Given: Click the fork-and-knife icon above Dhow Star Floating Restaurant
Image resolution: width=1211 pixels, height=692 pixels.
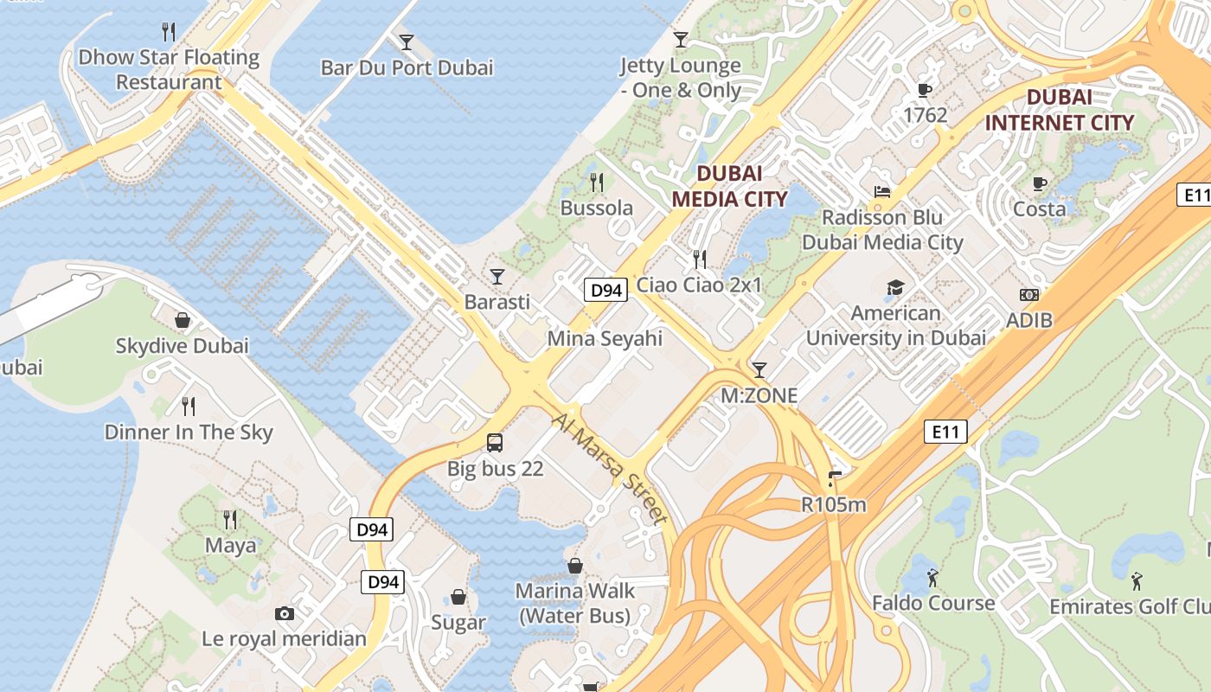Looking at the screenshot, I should click(x=169, y=32).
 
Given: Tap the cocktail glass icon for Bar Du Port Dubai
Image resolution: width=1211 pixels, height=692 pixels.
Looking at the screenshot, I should click(x=406, y=42).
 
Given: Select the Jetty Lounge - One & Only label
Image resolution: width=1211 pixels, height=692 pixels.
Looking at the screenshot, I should click(x=681, y=78).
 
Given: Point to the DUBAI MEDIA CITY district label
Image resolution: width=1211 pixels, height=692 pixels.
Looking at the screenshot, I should click(x=729, y=186).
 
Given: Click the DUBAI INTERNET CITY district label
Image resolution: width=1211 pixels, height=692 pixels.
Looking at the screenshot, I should click(x=1059, y=110).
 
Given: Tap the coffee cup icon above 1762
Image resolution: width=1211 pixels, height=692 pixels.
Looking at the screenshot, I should click(x=925, y=90).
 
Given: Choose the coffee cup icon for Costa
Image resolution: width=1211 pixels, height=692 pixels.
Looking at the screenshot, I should click(x=1040, y=183).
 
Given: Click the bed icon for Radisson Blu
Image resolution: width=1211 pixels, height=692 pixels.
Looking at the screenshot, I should click(x=882, y=191).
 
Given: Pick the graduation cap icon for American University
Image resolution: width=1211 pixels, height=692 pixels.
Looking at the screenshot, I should click(x=895, y=287).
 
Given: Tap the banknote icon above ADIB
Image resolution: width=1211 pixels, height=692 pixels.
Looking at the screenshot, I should click(x=1029, y=295).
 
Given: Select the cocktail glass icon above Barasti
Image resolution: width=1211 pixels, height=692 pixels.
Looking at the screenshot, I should click(x=497, y=277).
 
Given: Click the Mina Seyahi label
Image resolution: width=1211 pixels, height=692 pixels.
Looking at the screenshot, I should click(x=605, y=338).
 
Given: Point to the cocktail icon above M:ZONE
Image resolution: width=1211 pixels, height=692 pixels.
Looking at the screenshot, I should click(x=759, y=370).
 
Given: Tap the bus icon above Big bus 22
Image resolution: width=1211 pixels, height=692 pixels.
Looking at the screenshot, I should click(x=495, y=443).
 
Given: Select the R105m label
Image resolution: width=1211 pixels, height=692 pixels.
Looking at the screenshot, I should click(x=834, y=504).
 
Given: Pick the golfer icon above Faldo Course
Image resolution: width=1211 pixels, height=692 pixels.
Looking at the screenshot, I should click(x=932, y=577).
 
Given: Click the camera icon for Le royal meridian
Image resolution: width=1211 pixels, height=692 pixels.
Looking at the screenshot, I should click(x=284, y=614).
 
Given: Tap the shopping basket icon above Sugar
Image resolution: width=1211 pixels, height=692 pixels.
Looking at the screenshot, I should click(x=458, y=597).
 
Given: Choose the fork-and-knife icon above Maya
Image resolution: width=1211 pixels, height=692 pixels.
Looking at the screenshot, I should click(x=230, y=519).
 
